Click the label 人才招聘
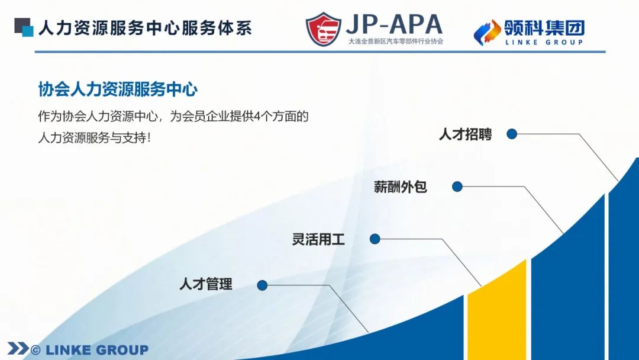(465, 134)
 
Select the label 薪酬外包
(400, 187)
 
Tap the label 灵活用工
(318, 239)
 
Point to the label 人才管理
(206, 284)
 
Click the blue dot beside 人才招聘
(512, 134)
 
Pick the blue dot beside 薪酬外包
(457, 187)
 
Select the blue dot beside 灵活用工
(375, 239)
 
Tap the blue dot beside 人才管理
(263, 285)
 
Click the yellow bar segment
(497, 314)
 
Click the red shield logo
(324, 29)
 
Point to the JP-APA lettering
(394, 24)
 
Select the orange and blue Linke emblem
(487, 32)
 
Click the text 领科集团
(544, 28)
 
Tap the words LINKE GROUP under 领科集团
(544, 42)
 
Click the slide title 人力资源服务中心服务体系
(145, 28)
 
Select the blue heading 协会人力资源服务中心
(118, 89)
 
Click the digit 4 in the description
(257, 117)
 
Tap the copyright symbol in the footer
(36, 350)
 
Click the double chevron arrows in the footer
(18, 349)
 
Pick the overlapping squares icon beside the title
(24, 27)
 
